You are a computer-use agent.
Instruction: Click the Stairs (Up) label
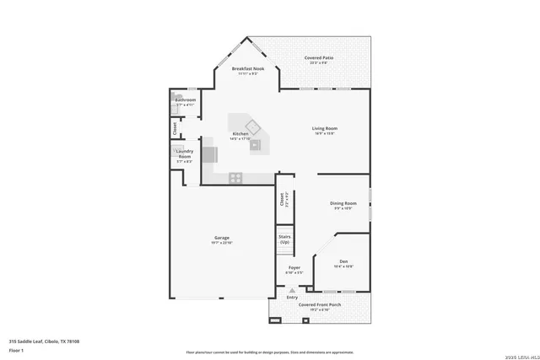coord(284,239)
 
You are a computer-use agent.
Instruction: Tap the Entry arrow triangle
coord(293,289)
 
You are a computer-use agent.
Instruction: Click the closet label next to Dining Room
coord(282,200)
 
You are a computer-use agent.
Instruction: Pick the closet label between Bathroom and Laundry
coord(175,129)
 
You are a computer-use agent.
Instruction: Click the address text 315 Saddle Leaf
coord(44,341)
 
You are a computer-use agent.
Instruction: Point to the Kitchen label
coord(240,134)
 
